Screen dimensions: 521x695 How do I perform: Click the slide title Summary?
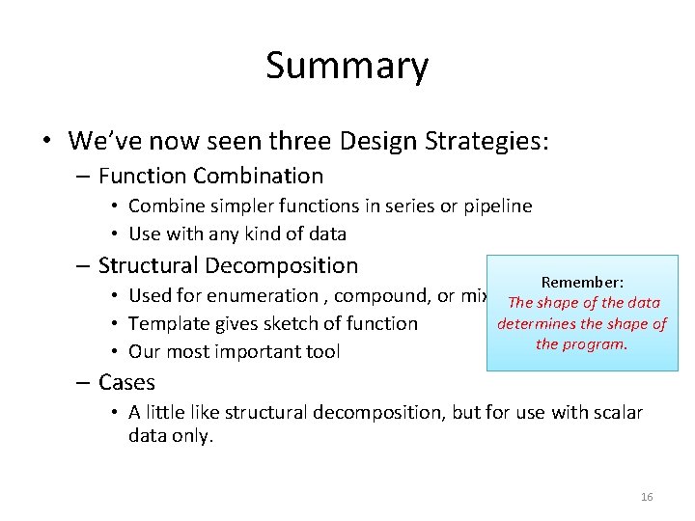[x=347, y=66]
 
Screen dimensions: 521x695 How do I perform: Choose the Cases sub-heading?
[x=126, y=382]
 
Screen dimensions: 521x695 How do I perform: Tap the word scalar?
[x=613, y=412]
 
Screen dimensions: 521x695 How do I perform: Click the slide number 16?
[x=647, y=497]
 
